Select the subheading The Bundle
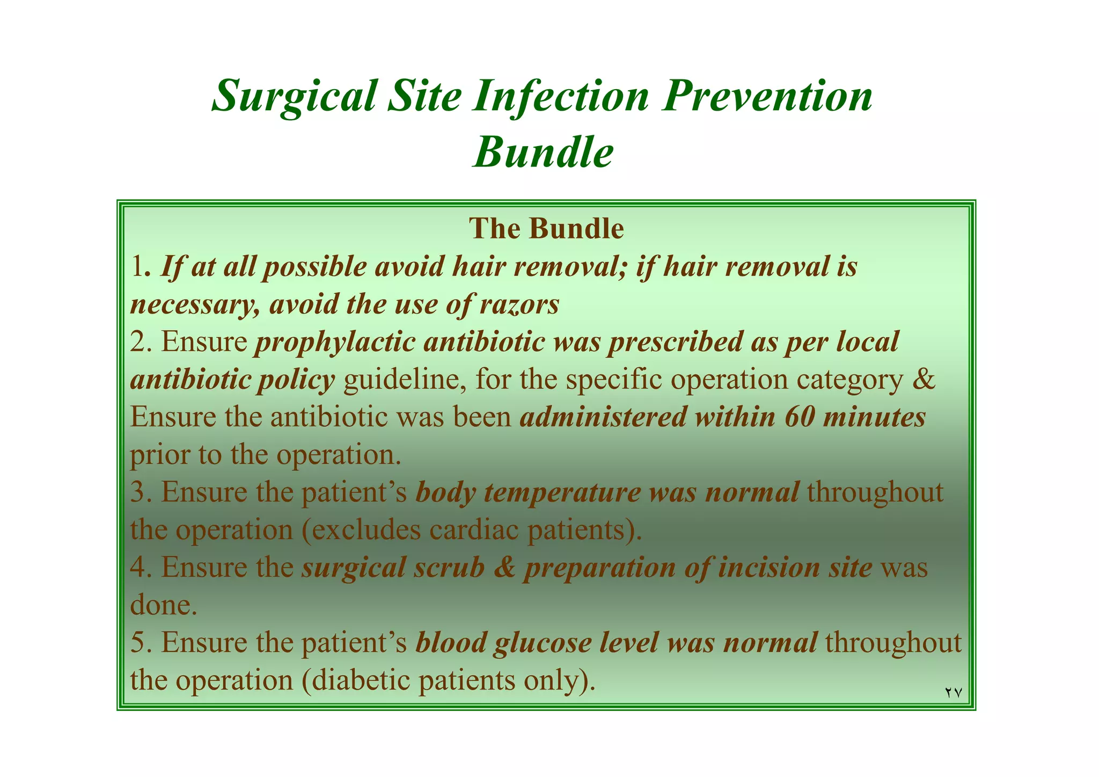[x=546, y=229]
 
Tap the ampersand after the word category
[x=924, y=380]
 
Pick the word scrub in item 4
[x=449, y=568]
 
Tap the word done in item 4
[x=160, y=605]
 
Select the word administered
[x=603, y=417]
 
